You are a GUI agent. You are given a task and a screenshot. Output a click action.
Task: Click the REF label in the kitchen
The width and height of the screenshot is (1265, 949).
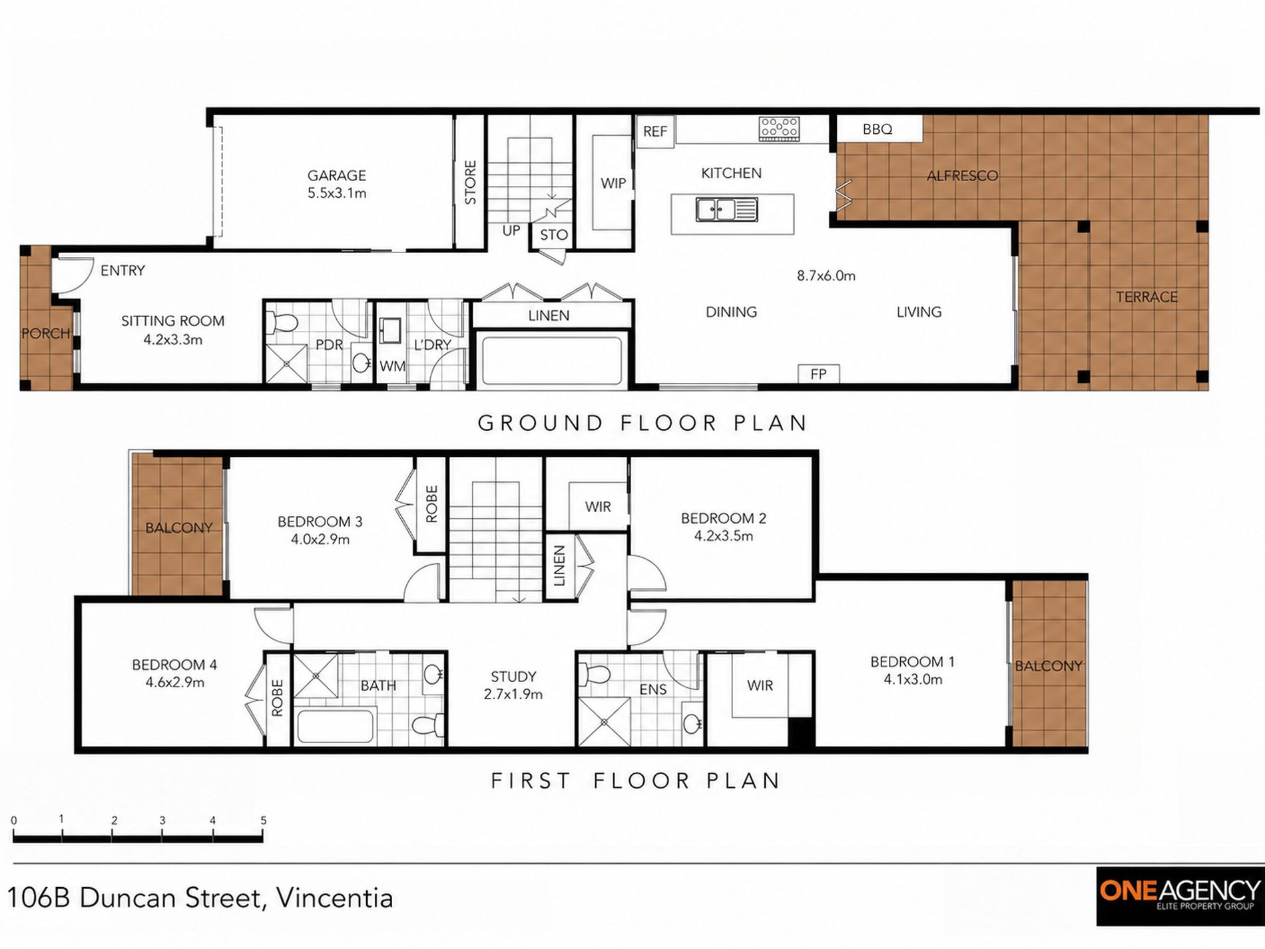click(x=654, y=131)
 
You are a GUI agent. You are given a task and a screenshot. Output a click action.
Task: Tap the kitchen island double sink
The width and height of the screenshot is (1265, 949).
click(x=726, y=210)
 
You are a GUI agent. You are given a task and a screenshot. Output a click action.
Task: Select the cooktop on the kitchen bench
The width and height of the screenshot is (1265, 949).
click(x=779, y=129)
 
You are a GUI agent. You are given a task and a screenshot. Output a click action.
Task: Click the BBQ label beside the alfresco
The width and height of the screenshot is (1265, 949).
click(x=878, y=129)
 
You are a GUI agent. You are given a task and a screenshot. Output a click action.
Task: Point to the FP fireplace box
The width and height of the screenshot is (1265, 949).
click(x=818, y=374)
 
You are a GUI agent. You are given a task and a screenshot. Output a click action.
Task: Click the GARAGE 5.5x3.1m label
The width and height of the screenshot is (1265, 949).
click(x=337, y=184)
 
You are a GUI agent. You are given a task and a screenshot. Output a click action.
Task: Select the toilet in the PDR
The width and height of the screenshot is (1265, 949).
click(x=282, y=323)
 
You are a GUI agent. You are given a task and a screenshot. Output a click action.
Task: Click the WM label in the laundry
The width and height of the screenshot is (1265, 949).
click(x=393, y=366)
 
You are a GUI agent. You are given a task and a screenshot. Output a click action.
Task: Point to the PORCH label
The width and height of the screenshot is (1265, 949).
click(x=46, y=333)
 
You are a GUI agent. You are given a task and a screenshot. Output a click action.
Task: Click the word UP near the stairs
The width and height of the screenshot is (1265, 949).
click(x=511, y=231)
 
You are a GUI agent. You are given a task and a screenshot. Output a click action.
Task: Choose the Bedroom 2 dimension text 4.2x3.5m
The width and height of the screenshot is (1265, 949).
click(x=724, y=536)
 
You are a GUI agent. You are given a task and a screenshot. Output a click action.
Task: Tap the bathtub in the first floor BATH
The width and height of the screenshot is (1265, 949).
click(x=335, y=725)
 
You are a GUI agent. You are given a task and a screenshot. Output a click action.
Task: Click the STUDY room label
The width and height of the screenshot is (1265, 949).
click(x=513, y=677)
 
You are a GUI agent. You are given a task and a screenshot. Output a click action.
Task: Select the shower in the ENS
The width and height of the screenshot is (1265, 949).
click(x=604, y=721)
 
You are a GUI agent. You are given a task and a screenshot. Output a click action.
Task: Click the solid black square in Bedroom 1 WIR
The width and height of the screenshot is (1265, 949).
click(x=802, y=733)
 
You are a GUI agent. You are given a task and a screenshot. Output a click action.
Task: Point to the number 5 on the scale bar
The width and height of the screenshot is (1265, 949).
click(x=264, y=820)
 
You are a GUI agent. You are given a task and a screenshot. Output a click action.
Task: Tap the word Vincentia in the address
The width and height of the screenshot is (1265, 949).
click(x=334, y=898)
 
